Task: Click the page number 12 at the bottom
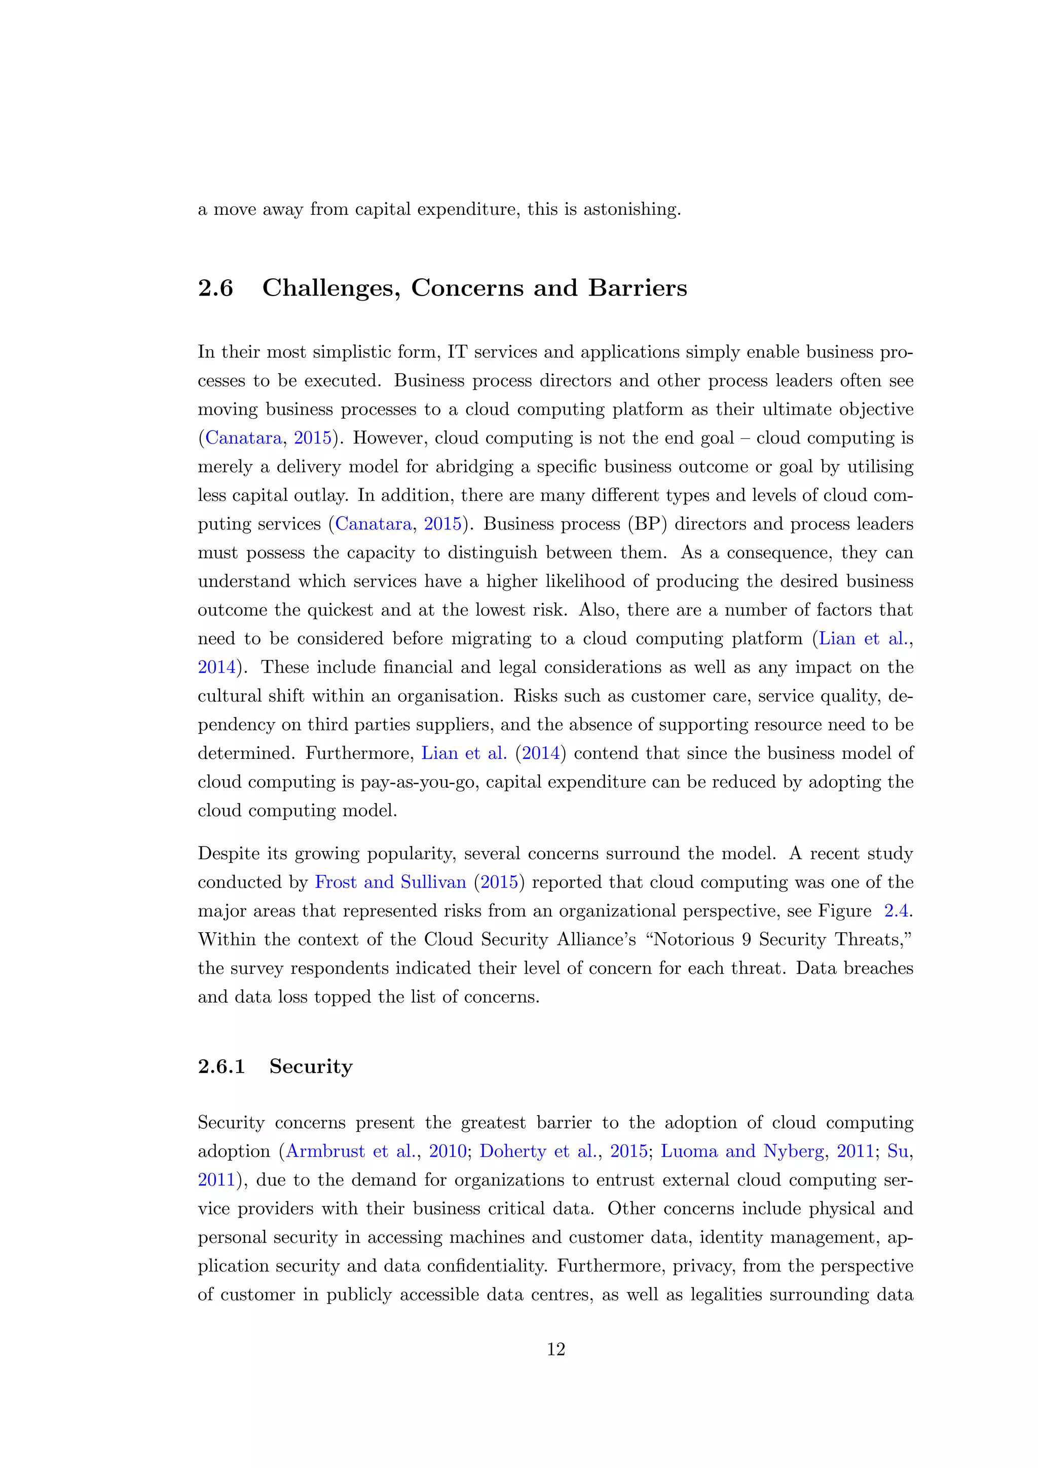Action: (555, 1349)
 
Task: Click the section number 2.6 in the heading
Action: (215, 288)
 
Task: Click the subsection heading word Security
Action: (311, 1067)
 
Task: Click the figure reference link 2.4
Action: (897, 910)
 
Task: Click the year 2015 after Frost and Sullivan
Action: (499, 883)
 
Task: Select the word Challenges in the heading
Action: (331, 288)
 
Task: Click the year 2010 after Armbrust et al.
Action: (448, 1152)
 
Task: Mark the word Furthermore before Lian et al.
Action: (360, 753)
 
